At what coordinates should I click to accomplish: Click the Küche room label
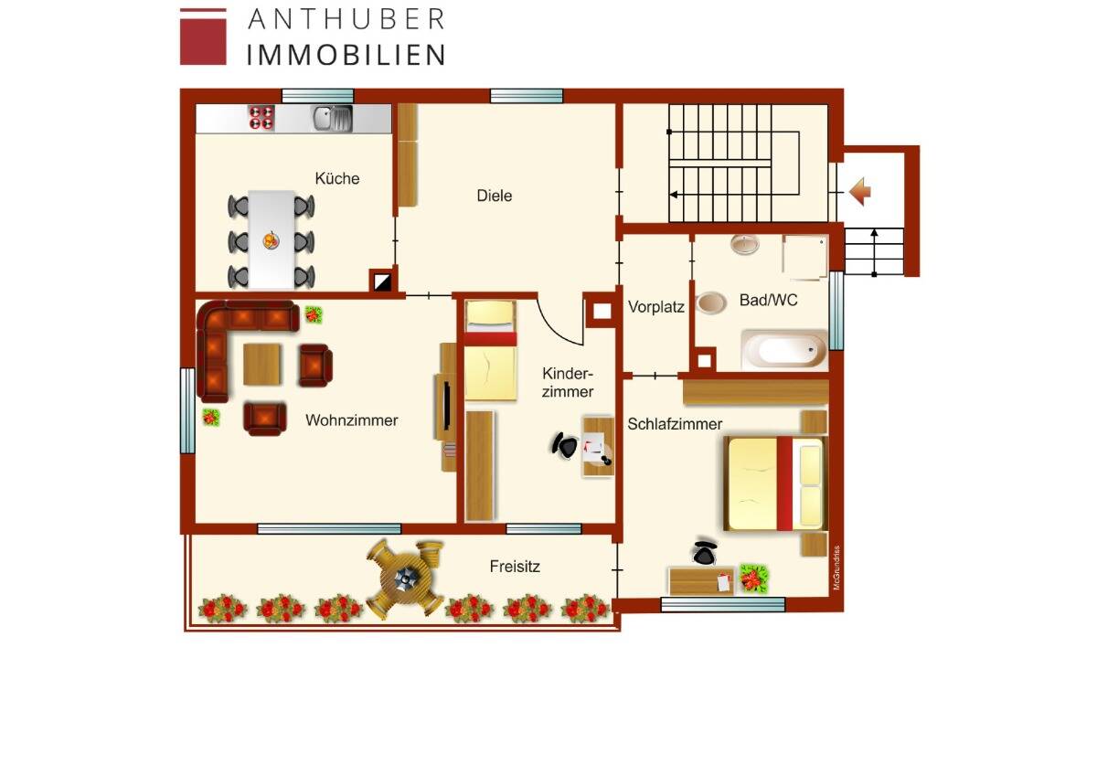tap(337, 178)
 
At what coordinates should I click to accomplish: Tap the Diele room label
tap(494, 196)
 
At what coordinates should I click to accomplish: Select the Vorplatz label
tap(655, 308)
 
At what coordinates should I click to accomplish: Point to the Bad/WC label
tap(768, 300)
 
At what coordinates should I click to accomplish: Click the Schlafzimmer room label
tap(675, 424)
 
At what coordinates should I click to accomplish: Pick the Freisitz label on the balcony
tap(515, 567)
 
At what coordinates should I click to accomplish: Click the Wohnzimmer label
tap(352, 420)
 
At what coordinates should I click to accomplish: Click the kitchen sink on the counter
tap(332, 118)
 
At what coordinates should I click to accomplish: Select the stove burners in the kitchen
tap(262, 118)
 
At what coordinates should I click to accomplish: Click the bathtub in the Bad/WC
tap(783, 350)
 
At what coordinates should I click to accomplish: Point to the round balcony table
tap(404, 576)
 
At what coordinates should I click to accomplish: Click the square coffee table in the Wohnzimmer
tap(263, 365)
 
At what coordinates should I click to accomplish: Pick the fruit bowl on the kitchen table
tap(271, 241)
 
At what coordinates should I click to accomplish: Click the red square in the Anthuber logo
tap(203, 37)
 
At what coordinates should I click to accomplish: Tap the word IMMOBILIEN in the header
tap(346, 54)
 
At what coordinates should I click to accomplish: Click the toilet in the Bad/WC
tap(711, 303)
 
